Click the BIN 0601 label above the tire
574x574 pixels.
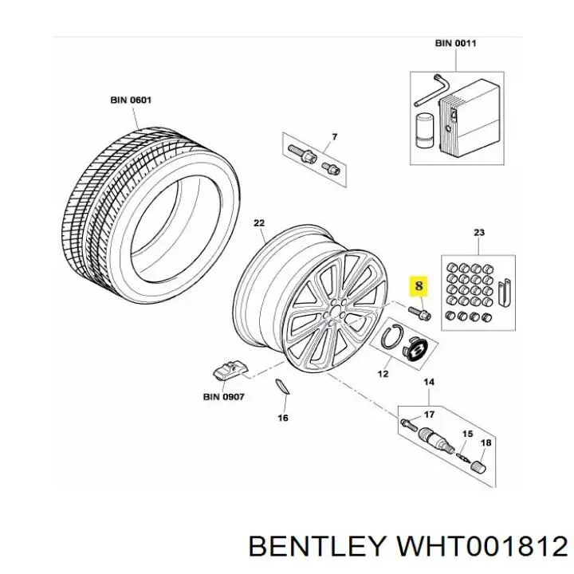tap(131, 100)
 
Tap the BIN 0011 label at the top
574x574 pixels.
tap(455, 43)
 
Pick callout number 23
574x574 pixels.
tap(478, 233)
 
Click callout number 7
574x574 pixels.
tap(334, 137)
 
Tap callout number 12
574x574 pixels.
tap(383, 372)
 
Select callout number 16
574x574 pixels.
tap(283, 417)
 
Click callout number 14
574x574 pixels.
tap(429, 383)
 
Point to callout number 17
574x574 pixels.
tap(429, 414)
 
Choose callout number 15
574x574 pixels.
tap(467, 434)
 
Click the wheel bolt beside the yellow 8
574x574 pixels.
tap(418, 312)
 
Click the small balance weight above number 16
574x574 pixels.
tap(281, 387)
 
